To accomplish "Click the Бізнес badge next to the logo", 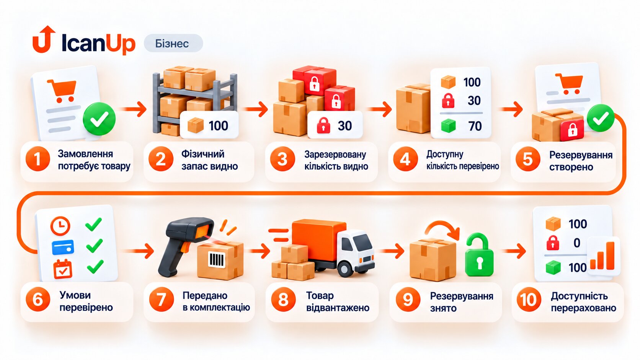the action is [173, 43].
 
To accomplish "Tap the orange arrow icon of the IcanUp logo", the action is [44, 39].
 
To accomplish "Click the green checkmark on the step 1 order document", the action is [99, 119].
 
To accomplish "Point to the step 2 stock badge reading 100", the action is [209, 125].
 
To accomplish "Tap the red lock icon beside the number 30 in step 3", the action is [323, 125].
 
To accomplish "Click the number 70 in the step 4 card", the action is [475, 126].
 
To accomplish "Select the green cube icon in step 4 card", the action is [448, 126].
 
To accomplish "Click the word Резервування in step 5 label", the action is [581, 155].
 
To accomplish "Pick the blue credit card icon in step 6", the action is [63, 247].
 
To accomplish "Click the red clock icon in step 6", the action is [60, 226].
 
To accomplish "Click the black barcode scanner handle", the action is [171, 260].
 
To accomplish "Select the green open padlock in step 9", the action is [479, 255].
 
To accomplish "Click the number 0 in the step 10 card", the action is [577, 243].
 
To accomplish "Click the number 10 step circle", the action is [529, 300].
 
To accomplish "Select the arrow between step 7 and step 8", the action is [259, 251].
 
